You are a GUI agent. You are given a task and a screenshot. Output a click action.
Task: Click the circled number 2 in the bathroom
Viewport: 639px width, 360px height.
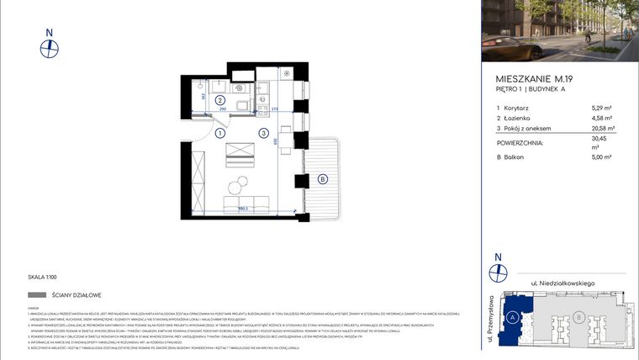point(219,99)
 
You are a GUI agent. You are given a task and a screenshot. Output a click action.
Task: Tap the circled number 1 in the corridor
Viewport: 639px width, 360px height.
point(219,133)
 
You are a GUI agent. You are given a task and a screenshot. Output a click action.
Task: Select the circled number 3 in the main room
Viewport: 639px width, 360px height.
point(263,133)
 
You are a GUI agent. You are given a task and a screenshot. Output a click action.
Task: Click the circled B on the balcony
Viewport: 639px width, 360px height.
point(323,178)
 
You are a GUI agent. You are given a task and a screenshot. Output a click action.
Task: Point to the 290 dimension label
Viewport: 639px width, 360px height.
point(223,110)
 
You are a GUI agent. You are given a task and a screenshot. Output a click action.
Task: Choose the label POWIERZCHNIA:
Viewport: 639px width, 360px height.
point(520,143)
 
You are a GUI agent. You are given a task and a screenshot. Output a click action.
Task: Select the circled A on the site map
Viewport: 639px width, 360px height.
point(512,317)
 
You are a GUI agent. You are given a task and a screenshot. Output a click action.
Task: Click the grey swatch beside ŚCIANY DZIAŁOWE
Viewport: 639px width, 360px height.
point(37,295)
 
